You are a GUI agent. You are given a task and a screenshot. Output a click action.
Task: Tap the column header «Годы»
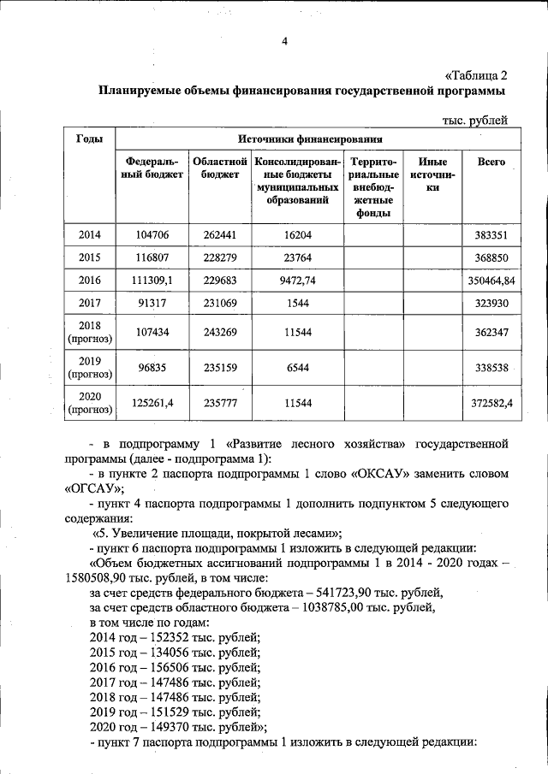click(90, 139)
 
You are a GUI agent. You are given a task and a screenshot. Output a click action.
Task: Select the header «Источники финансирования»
click(310, 139)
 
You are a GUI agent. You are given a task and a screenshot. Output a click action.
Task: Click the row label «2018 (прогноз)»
click(90, 331)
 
